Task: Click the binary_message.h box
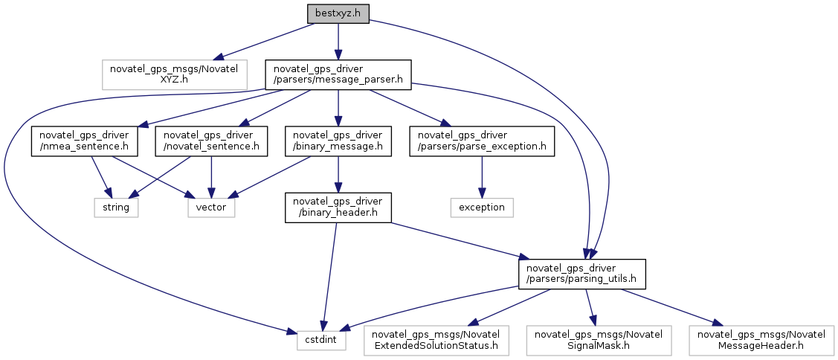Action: tap(338, 141)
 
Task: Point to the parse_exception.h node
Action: tap(482, 141)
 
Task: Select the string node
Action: tap(115, 207)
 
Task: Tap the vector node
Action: tap(210, 207)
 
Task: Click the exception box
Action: tap(482, 207)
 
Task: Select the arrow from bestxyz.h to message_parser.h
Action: tap(338, 41)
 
